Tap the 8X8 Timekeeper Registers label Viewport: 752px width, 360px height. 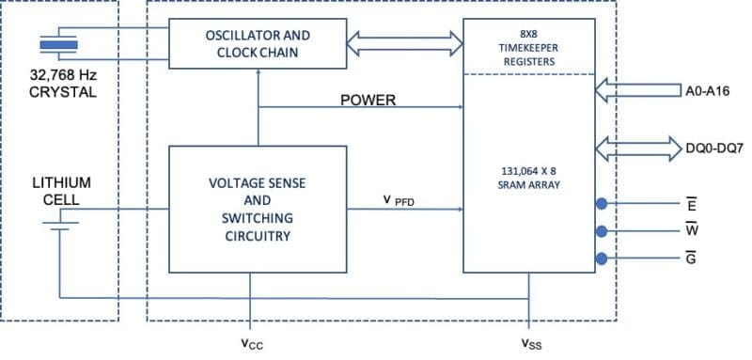coord(529,46)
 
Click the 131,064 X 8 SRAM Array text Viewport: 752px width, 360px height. coord(529,178)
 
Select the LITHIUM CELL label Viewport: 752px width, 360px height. coord(60,192)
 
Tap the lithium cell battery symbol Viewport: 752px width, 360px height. coord(59,222)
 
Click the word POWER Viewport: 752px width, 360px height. coord(368,100)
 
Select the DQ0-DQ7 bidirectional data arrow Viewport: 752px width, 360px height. coord(638,147)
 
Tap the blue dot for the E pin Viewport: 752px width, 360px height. coord(600,203)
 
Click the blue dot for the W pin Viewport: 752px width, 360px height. coord(600,231)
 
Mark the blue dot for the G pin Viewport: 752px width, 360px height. coord(600,259)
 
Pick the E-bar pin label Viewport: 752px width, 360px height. coord(691,203)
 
